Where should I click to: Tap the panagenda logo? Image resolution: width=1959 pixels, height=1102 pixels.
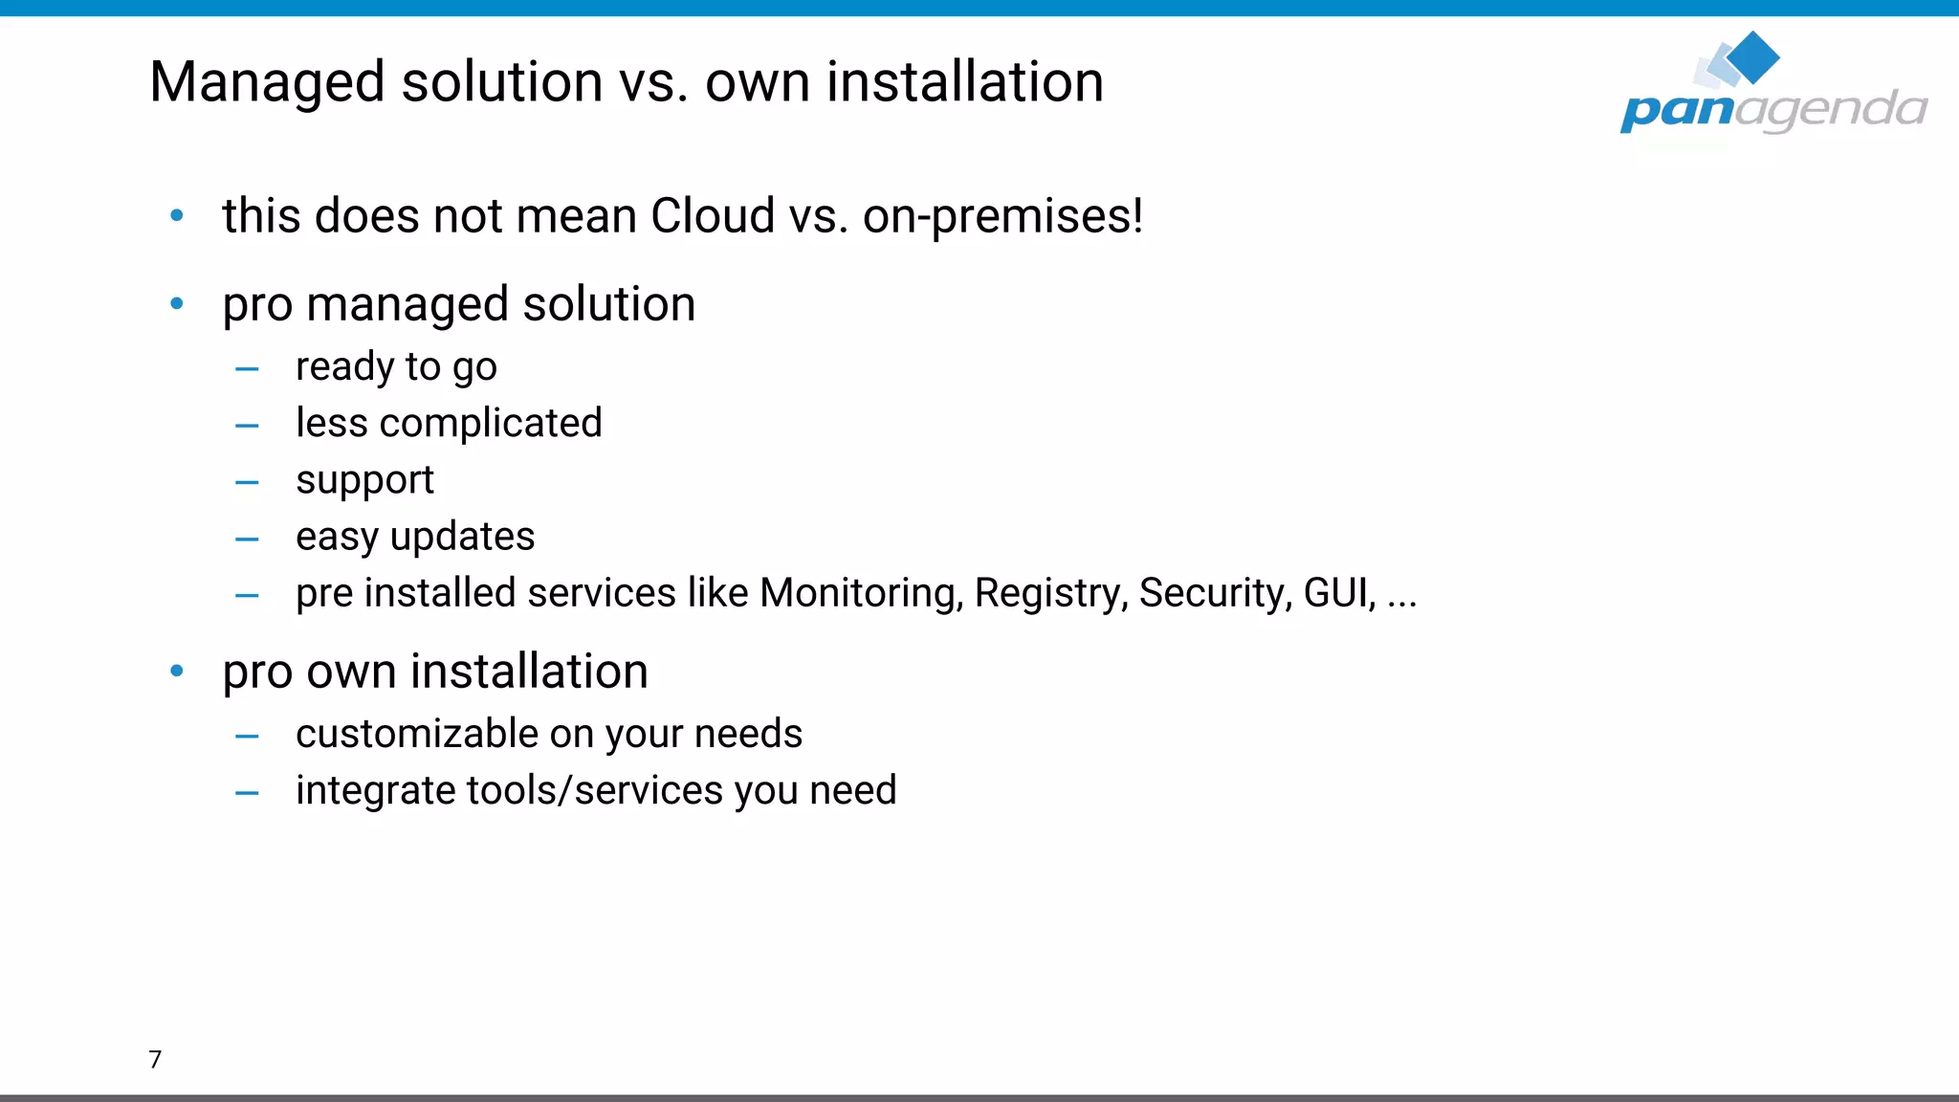coord(1772,86)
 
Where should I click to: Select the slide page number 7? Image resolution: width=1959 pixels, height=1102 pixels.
coord(155,1059)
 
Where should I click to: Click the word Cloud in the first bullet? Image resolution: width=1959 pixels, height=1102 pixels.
coord(712,216)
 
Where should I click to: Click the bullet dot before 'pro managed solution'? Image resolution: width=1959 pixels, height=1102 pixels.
coord(177,304)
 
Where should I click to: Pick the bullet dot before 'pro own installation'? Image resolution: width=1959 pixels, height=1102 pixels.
coord(177,672)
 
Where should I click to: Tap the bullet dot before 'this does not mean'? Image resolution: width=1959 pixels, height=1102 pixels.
coord(177,216)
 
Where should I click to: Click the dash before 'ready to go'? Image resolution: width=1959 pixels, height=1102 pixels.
coord(247,369)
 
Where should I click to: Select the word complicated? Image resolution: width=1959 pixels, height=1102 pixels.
coord(491,424)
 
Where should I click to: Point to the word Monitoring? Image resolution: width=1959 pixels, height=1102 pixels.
coord(861,594)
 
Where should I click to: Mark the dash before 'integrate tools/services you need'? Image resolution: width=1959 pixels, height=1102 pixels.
coord(247,793)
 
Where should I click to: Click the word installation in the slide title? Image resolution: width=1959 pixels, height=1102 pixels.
coord(965,83)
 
